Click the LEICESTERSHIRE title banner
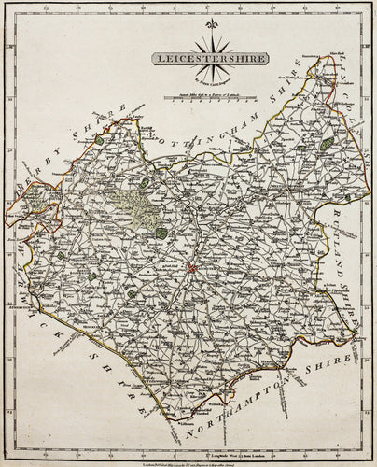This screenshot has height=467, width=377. [x=211, y=58]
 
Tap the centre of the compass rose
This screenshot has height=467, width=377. [x=211, y=42]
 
